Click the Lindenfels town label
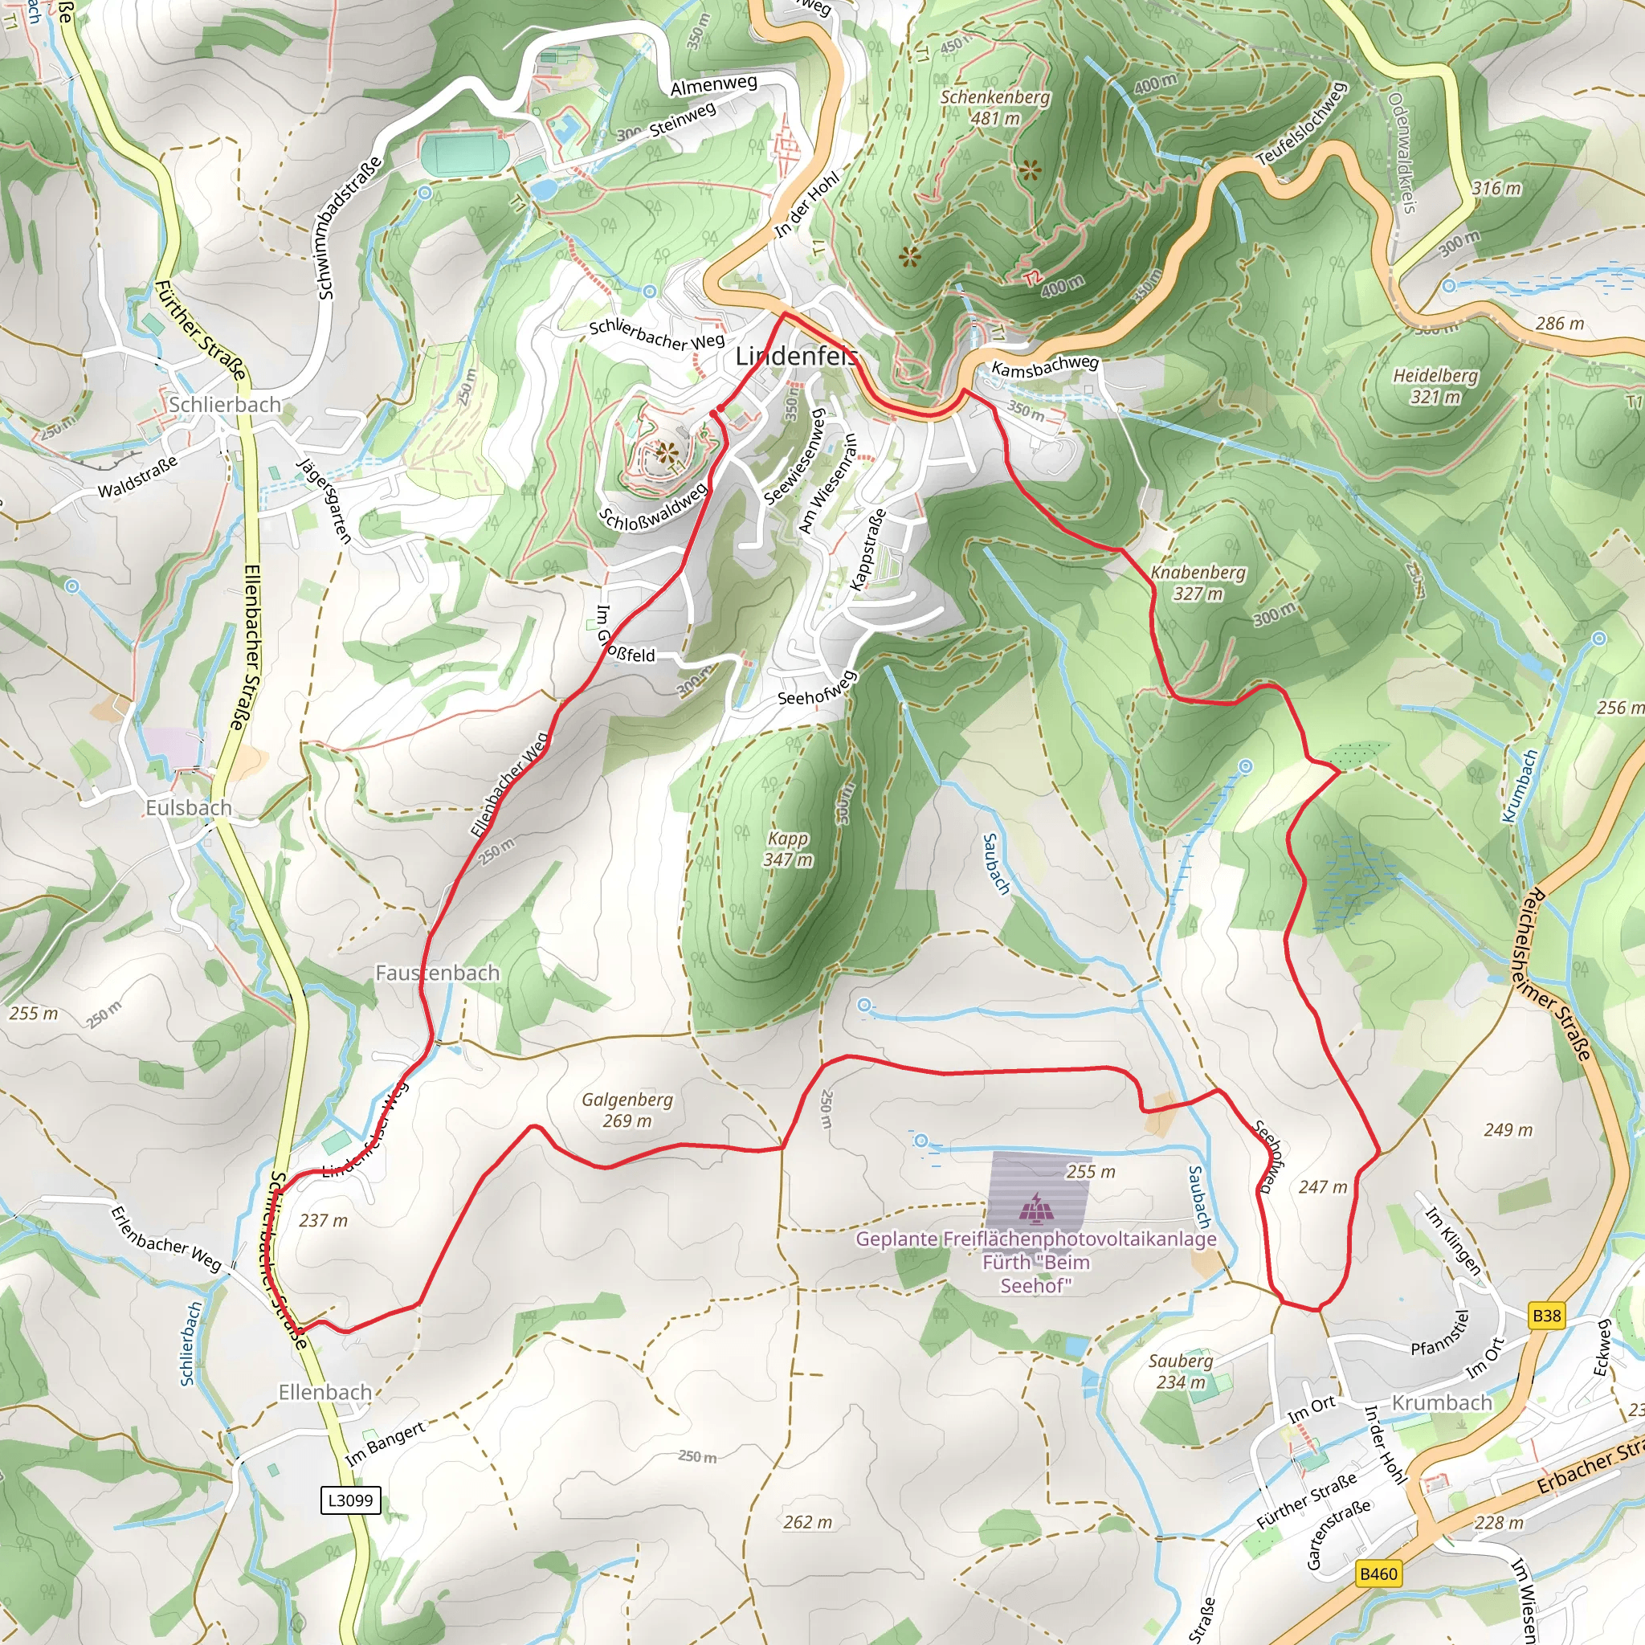(x=796, y=356)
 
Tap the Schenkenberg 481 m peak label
(x=994, y=108)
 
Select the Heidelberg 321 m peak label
(x=1435, y=386)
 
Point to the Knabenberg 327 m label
(x=1198, y=582)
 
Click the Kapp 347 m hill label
(x=788, y=849)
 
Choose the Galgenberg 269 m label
(x=627, y=1110)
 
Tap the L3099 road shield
(x=350, y=1500)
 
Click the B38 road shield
(x=1546, y=1316)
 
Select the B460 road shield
(x=1378, y=1574)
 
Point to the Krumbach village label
(x=1442, y=1402)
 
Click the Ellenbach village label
(x=325, y=1392)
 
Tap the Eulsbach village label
(x=188, y=807)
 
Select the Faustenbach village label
(x=438, y=973)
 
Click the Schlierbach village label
(x=225, y=405)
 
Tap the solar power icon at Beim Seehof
(x=1036, y=1206)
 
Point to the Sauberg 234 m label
(x=1180, y=1371)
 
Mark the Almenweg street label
(x=713, y=85)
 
